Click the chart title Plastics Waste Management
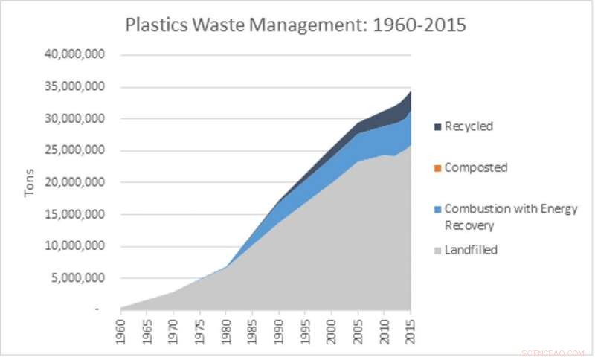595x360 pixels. tap(295, 25)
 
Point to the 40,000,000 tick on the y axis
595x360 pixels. tap(74, 55)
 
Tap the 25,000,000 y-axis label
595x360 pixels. tap(74, 151)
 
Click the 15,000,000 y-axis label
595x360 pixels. tap(74, 215)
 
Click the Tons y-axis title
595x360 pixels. tap(30, 182)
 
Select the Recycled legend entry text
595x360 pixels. tap(469, 126)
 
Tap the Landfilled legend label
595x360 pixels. tap(471, 250)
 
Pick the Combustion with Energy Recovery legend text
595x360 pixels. tap(510, 216)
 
